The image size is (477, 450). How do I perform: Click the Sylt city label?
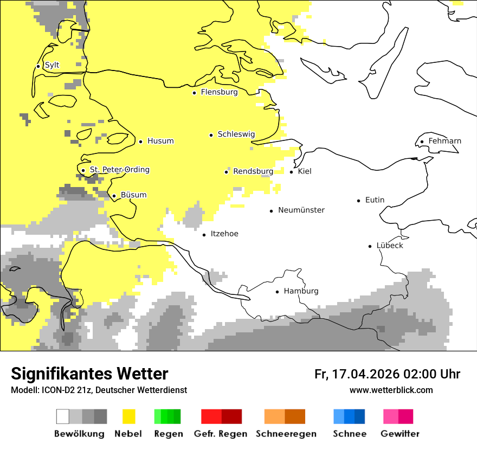click(52, 65)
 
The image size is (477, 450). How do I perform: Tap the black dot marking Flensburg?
click(194, 93)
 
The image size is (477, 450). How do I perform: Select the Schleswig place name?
click(236, 134)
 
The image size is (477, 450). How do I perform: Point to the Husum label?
click(160, 141)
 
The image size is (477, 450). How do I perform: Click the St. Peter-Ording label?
click(119, 170)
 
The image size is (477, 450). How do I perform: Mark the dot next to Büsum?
click(114, 196)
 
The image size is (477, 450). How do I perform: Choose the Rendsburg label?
click(253, 171)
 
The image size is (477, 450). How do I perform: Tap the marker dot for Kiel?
click(292, 172)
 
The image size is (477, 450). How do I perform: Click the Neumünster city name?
click(301, 210)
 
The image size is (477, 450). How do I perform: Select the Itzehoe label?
click(224, 234)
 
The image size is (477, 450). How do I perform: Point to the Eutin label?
click(375, 200)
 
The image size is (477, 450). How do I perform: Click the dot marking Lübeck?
click(370, 246)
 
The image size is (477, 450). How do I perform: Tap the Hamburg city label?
click(301, 291)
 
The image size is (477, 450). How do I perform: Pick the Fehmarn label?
click(444, 141)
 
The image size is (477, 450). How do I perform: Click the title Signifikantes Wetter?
click(89, 374)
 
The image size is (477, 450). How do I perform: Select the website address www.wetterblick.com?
click(391, 390)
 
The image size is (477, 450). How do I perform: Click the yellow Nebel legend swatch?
click(128, 416)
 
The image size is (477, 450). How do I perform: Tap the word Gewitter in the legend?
click(400, 434)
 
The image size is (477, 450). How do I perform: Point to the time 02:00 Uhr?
click(432, 374)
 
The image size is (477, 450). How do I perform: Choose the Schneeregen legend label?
click(286, 434)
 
